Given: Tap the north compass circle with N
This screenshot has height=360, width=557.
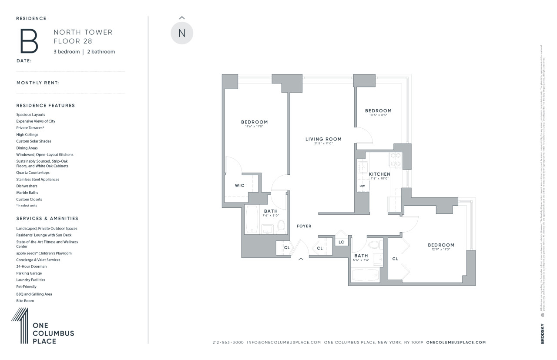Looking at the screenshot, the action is click(x=182, y=33).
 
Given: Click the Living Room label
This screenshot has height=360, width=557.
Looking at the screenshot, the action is click(x=323, y=139).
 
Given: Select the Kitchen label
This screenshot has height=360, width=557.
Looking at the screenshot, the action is click(x=379, y=174).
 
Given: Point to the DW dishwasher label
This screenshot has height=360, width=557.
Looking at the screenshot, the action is click(x=362, y=186).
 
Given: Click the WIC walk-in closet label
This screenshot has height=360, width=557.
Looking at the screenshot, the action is click(x=239, y=185).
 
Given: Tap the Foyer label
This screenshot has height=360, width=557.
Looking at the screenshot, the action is click(x=304, y=226).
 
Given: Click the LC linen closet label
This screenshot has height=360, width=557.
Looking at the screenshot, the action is click(x=341, y=242).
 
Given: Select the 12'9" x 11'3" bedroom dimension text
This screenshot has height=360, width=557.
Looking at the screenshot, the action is click(x=441, y=250).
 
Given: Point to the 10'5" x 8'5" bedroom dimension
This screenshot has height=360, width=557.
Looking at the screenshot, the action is click(x=378, y=115).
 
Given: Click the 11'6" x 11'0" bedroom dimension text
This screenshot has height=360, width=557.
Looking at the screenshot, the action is click(x=255, y=127).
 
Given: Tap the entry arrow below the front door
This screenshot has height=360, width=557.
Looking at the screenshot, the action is click(x=300, y=259).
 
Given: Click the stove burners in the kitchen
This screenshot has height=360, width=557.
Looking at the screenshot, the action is click(x=396, y=160).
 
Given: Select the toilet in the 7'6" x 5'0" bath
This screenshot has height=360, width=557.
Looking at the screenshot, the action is click(x=281, y=227).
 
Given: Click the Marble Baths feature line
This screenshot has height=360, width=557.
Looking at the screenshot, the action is click(x=27, y=193).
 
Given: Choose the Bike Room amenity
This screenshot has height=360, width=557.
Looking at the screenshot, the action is click(x=25, y=301).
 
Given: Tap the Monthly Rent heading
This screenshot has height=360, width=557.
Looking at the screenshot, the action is click(x=37, y=83).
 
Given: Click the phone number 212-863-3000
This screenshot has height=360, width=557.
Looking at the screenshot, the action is click(x=228, y=343).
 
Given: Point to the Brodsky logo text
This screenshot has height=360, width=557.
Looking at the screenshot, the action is click(x=542, y=334).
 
